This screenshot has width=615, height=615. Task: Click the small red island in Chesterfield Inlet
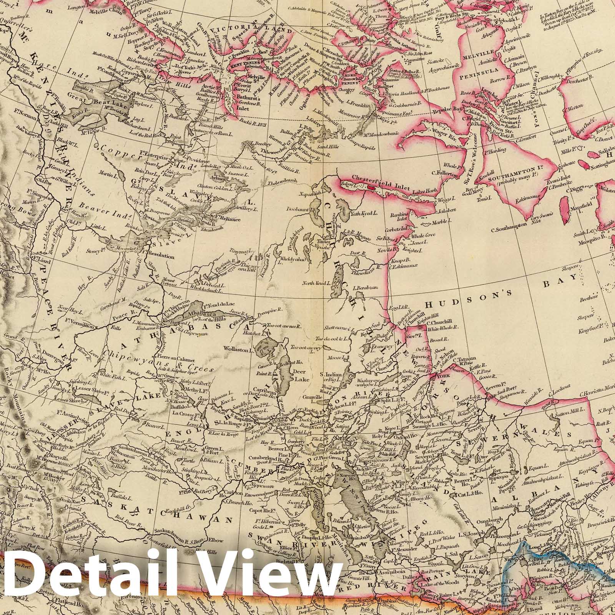(x=371, y=187)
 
